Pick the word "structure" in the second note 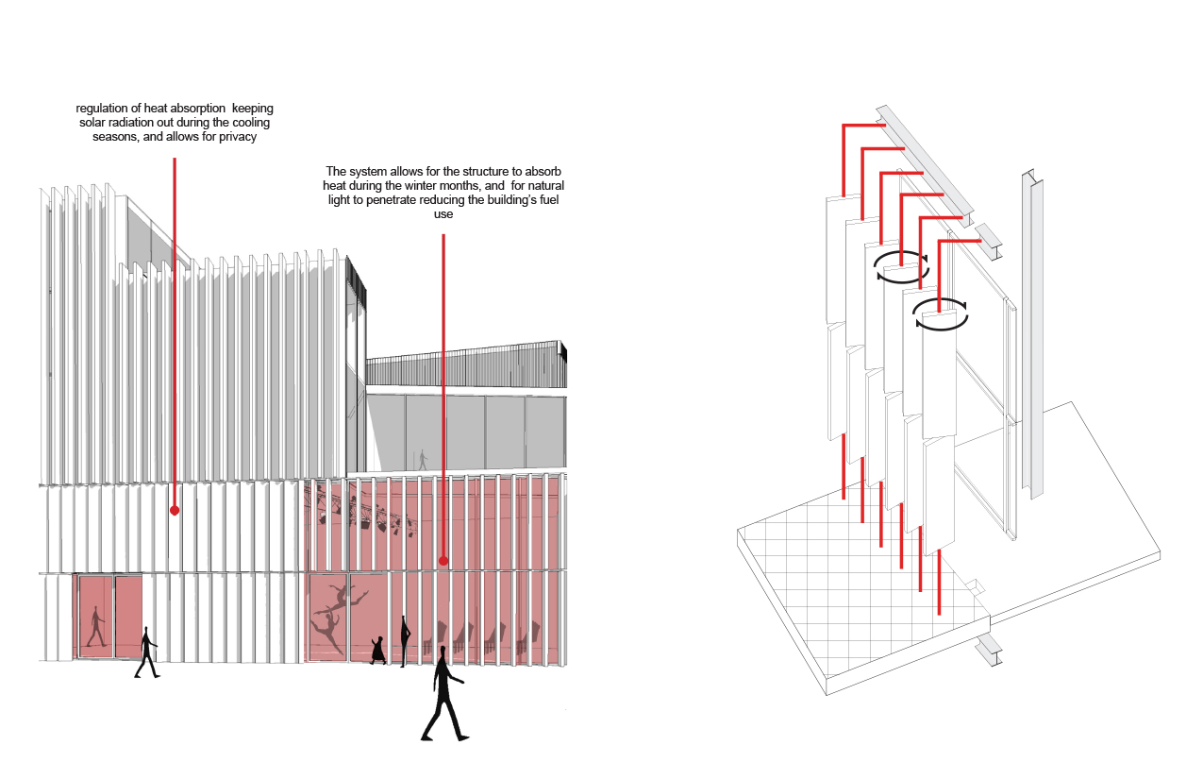[x=487, y=171]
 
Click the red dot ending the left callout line [x=174, y=511]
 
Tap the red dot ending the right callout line [x=443, y=561]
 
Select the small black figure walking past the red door [x=147, y=652]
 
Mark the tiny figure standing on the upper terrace [x=422, y=459]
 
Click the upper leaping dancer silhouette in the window [x=346, y=597]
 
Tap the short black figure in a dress [x=378, y=650]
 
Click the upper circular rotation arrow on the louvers [x=900, y=265]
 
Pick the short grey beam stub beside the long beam [x=989, y=241]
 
